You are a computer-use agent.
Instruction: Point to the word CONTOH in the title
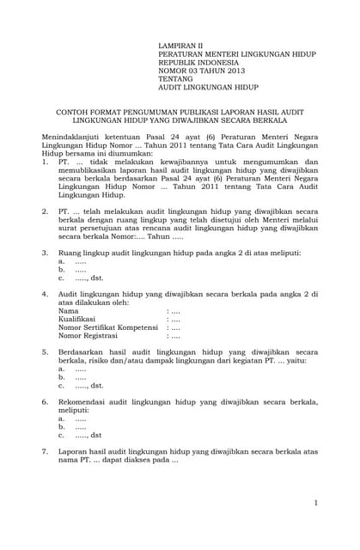[x=74, y=112]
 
